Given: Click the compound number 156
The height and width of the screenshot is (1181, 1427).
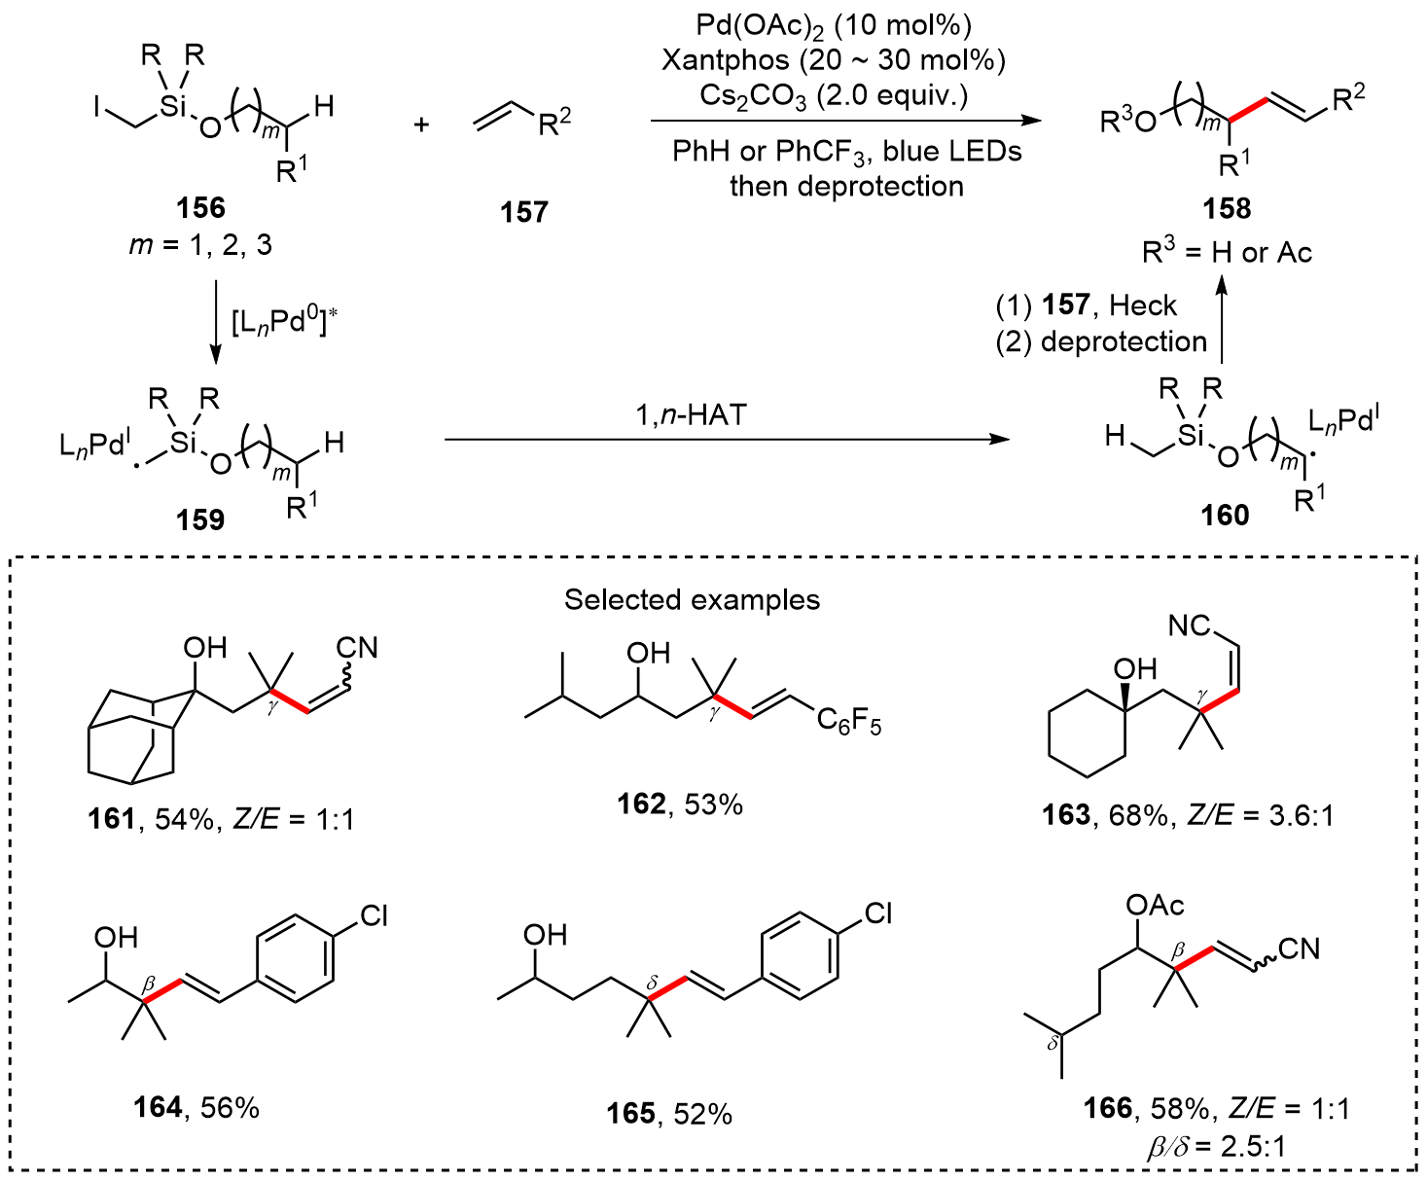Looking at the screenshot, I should click(x=200, y=207).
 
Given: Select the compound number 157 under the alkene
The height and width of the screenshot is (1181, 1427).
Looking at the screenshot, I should click(x=524, y=211).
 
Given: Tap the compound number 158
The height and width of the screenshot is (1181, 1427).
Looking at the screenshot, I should click(x=1226, y=208).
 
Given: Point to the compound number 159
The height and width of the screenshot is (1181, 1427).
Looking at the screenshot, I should click(x=200, y=519).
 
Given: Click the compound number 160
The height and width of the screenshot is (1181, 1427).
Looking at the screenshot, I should click(x=1225, y=514).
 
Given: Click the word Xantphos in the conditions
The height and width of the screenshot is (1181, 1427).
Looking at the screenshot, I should click(x=726, y=60).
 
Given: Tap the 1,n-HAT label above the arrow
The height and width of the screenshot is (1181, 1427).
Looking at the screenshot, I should click(x=691, y=415).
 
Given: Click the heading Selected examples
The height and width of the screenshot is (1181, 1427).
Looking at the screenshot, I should click(x=692, y=599).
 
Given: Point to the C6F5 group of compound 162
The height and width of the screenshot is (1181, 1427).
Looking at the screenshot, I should click(x=848, y=721).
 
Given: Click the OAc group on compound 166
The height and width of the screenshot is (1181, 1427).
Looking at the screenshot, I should click(x=1155, y=906).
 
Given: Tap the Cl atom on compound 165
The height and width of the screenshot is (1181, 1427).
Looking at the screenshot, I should click(x=877, y=913).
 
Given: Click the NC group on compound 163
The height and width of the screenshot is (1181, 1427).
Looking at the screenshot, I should click(x=1190, y=626).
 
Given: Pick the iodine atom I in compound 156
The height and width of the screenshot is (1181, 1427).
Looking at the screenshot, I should click(x=97, y=106).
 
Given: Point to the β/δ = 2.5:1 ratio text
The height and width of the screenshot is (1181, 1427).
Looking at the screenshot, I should click(x=1216, y=1146).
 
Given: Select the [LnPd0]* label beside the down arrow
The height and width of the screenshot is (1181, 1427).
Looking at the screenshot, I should click(x=283, y=323).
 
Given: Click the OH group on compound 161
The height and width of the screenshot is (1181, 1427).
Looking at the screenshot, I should click(x=204, y=648).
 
